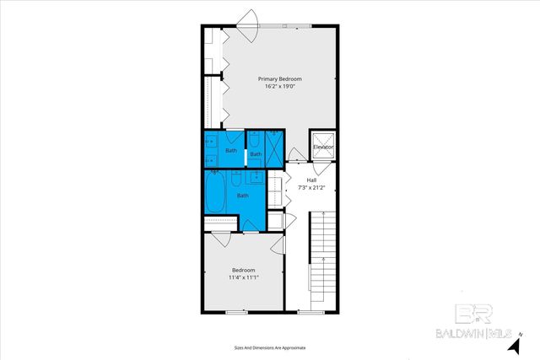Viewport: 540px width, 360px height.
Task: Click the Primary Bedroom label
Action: (x=279, y=78)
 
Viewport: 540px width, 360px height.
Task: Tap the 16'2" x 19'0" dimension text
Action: (x=279, y=85)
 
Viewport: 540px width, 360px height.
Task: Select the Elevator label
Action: (x=323, y=148)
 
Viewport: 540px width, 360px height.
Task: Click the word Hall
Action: (x=311, y=180)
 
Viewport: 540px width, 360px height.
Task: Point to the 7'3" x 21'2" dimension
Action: (x=311, y=186)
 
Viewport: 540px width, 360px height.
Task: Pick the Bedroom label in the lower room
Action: (x=243, y=271)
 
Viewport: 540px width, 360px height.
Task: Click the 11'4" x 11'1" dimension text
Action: (x=243, y=277)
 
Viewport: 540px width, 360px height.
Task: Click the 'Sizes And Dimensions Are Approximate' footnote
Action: (x=269, y=347)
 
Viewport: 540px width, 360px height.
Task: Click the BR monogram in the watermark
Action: (x=478, y=314)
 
